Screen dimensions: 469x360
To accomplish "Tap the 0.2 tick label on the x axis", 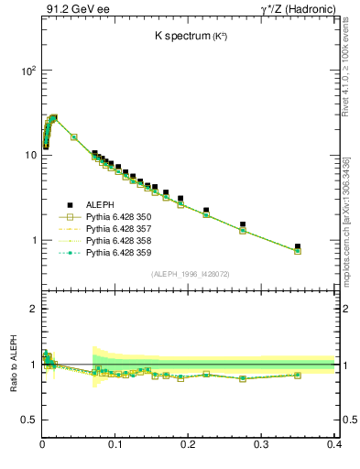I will pos(189,444).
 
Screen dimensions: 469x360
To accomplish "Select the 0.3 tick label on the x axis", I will pos(261,444).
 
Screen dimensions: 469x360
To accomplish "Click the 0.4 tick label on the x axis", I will pos(333,444).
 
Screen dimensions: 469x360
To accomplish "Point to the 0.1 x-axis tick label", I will pos(115,444).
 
